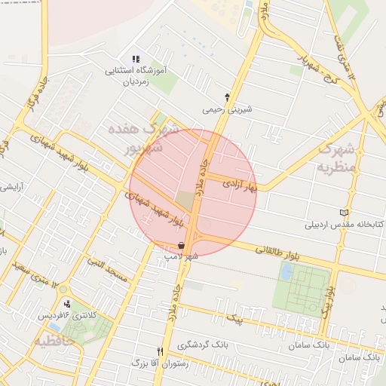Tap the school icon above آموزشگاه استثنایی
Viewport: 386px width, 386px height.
(136, 59)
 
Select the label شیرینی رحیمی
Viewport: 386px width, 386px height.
(227, 109)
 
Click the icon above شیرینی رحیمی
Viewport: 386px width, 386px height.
(227, 97)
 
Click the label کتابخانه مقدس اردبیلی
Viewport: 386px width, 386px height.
(345, 224)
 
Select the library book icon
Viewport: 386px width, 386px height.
(345, 212)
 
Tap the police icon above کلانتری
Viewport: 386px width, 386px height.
(68, 303)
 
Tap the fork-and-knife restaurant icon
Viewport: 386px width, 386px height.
(159, 351)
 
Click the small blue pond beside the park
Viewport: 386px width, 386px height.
(286, 271)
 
